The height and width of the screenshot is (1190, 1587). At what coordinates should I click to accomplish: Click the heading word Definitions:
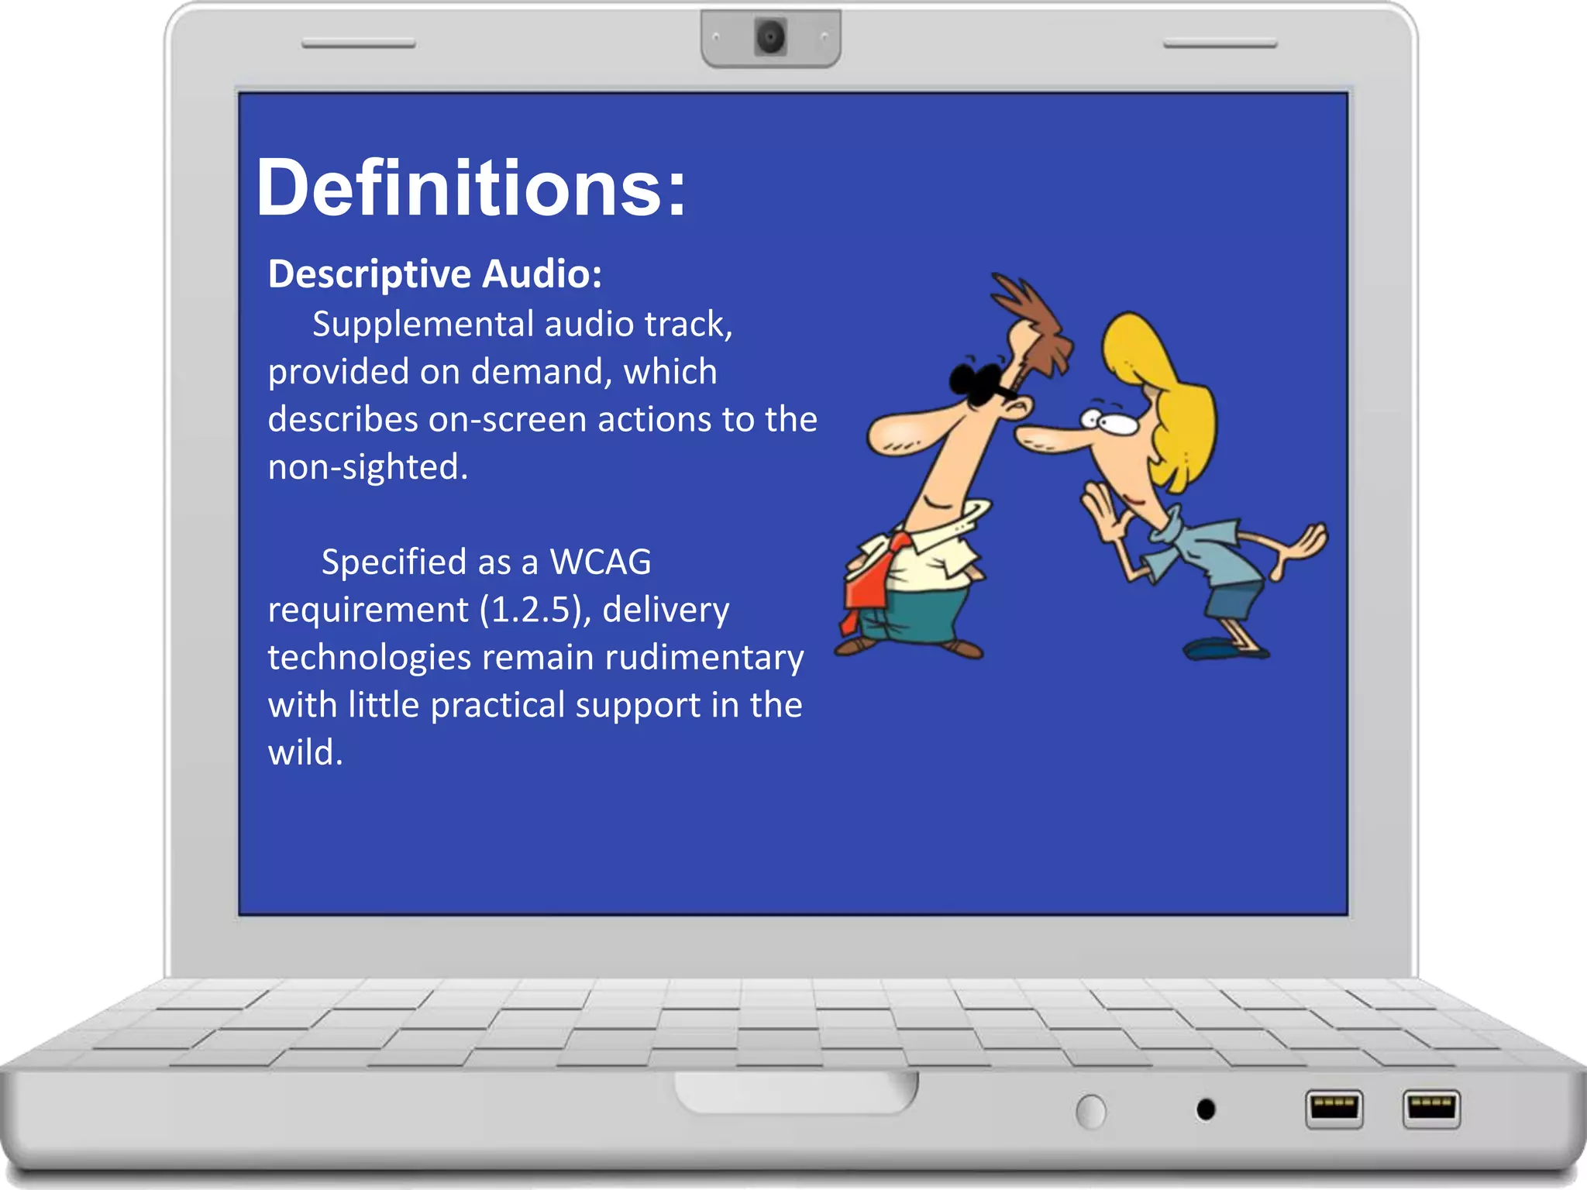[470, 188]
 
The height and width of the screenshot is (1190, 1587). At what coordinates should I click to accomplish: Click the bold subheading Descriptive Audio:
[435, 274]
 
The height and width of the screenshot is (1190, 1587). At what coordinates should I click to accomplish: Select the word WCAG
[601, 562]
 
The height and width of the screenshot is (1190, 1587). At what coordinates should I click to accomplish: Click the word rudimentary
[704, 657]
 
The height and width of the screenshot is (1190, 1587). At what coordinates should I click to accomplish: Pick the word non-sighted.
[367, 467]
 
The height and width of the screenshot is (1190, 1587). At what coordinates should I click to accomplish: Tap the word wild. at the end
[305, 752]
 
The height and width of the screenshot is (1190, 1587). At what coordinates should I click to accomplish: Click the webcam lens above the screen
[770, 36]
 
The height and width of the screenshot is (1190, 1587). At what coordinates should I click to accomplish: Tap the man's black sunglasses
[978, 383]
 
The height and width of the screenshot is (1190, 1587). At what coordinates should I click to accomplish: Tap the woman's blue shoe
[1217, 648]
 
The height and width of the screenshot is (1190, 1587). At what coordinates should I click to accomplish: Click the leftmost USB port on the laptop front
[1334, 1109]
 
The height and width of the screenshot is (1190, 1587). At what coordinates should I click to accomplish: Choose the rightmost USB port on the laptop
[1430, 1108]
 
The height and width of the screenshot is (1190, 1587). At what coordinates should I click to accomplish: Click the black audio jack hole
[1206, 1109]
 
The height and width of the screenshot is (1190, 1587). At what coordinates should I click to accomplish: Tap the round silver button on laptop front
[1091, 1112]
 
